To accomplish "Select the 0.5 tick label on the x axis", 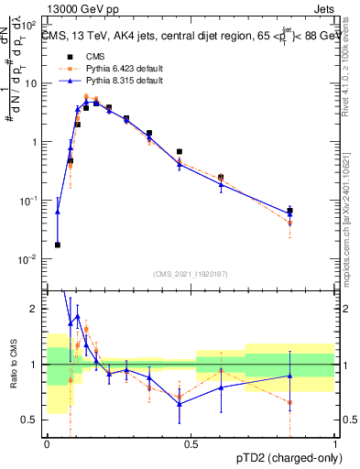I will tap(191, 444).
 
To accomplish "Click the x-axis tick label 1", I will tap(336, 444).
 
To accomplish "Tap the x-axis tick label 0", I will tap(47, 444).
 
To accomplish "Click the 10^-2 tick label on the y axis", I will tap(31, 259).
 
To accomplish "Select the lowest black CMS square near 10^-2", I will tap(58, 245).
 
